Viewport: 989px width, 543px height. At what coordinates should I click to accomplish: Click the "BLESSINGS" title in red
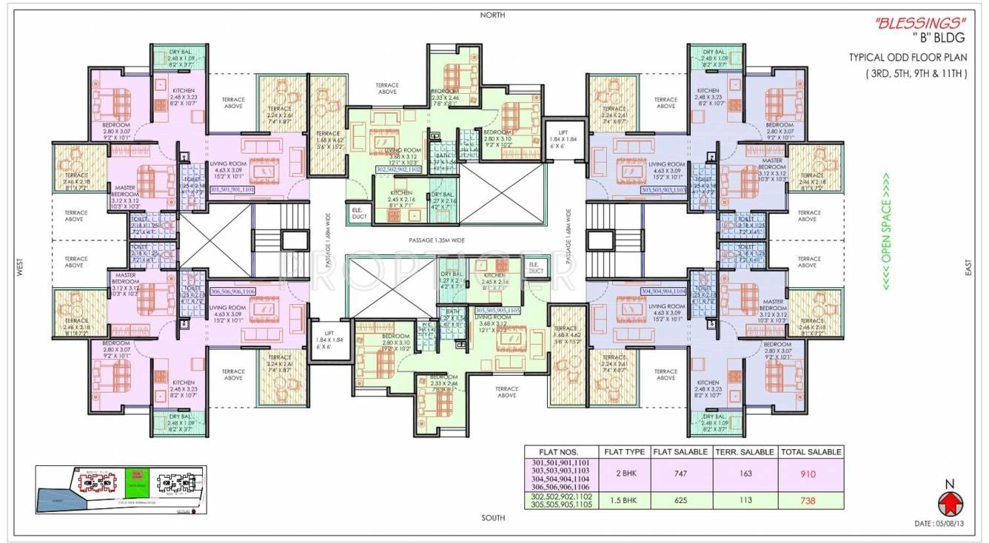(x=908, y=24)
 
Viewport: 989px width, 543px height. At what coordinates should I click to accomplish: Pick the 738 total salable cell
(x=811, y=501)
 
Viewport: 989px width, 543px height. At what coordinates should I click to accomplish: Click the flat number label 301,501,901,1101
(x=232, y=190)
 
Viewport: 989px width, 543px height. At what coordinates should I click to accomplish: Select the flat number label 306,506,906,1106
(x=232, y=292)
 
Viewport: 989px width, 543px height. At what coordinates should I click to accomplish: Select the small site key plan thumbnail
(x=122, y=490)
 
